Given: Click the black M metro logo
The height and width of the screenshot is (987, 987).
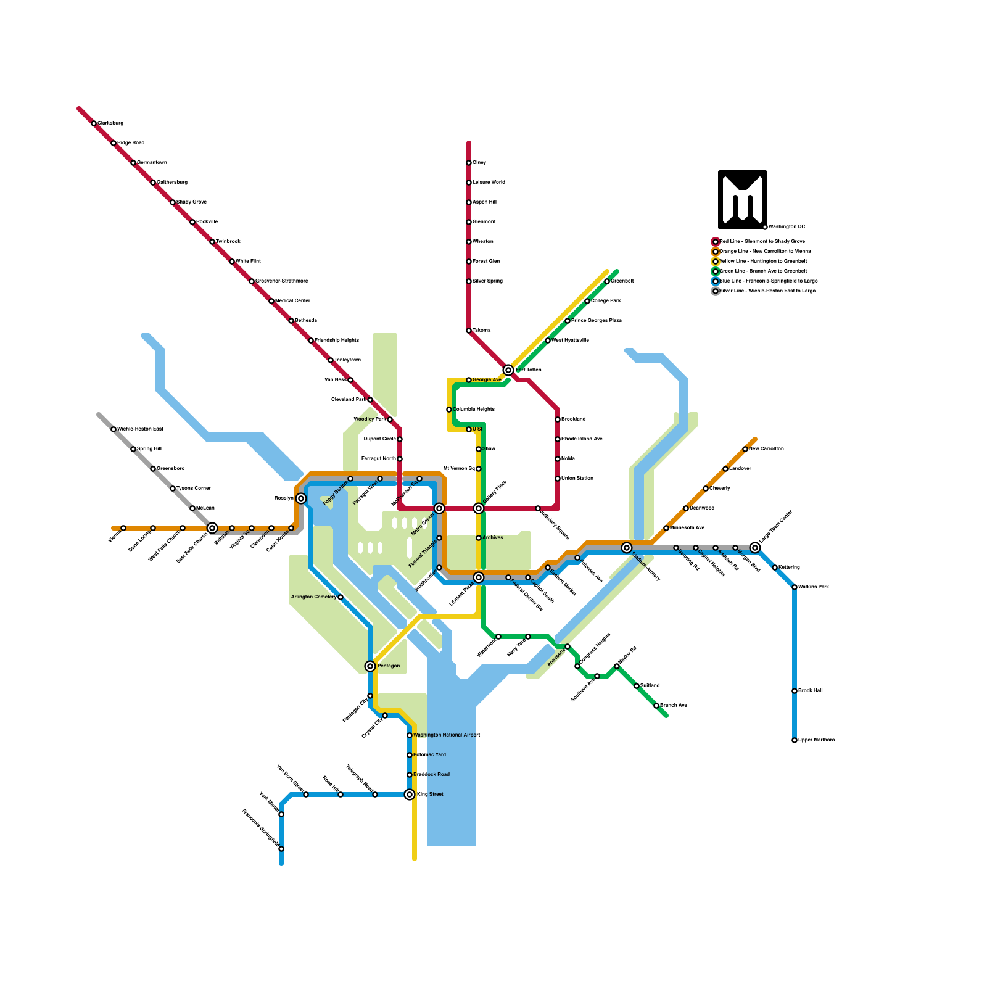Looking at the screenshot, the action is pyautogui.click(x=742, y=199).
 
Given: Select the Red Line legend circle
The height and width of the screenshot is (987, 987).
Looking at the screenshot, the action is pyautogui.click(x=716, y=242).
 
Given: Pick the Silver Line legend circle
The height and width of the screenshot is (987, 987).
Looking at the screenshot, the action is pyautogui.click(x=716, y=291).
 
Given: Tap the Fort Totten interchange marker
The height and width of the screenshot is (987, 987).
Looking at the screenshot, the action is pyautogui.click(x=508, y=370).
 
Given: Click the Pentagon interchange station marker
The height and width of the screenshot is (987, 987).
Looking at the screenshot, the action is pyautogui.click(x=370, y=666).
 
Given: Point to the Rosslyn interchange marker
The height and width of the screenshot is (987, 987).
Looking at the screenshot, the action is pyautogui.click(x=301, y=498).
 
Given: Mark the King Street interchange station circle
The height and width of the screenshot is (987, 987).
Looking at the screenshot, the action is pyautogui.click(x=410, y=795).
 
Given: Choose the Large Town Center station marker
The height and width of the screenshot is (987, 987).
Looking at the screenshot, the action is pyautogui.click(x=755, y=548).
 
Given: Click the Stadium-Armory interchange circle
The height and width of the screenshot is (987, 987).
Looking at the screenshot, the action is pyautogui.click(x=627, y=548).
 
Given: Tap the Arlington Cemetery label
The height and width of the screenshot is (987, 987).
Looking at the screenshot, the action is pyautogui.click(x=313, y=597).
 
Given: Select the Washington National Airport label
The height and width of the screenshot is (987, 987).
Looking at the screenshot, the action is pyautogui.click(x=447, y=735).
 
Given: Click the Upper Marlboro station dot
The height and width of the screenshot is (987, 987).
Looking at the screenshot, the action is pyautogui.click(x=795, y=740).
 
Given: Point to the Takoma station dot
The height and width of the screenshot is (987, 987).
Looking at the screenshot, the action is pyautogui.click(x=469, y=331).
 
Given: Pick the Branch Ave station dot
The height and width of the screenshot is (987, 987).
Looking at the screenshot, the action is pyautogui.click(x=656, y=706).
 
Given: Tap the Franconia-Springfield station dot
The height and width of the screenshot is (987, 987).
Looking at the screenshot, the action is pyautogui.click(x=281, y=849).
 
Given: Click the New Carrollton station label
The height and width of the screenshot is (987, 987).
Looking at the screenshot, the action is pyautogui.click(x=766, y=449).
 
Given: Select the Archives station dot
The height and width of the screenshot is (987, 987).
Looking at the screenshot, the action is pyautogui.click(x=479, y=538).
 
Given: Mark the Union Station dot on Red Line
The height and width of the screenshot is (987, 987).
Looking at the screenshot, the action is pyautogui.click(x=558, y=479).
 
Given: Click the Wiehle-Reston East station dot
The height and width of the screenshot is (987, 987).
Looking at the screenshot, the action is pyautogui.click(x=114, y=429).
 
